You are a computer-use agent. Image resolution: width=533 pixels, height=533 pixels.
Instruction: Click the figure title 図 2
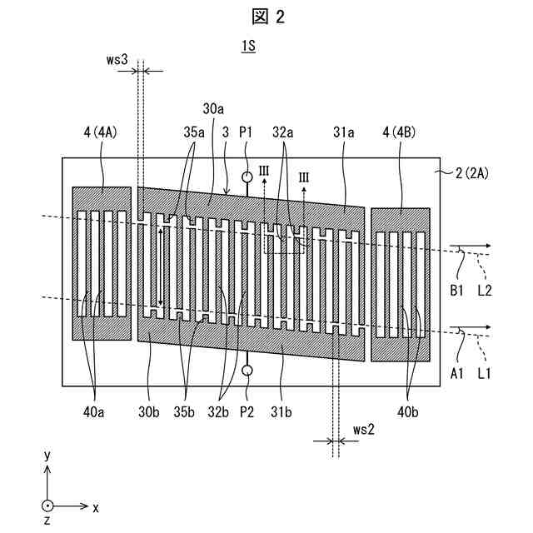(266, 16)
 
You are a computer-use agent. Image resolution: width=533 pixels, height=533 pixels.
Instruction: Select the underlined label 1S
(248, 47)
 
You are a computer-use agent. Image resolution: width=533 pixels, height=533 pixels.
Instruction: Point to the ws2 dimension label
(363, 430)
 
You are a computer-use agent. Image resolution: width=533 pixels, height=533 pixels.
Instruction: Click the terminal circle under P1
(247, 177)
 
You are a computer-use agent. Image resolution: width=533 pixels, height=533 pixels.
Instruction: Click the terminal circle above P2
(247, 370)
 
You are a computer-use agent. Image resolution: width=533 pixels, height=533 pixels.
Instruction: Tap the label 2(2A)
(473, 173)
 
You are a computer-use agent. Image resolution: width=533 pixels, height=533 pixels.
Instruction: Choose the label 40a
(97, 410)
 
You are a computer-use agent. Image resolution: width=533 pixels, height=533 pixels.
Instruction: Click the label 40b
(408, 410)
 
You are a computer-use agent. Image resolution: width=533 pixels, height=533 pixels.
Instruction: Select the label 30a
(212, 109)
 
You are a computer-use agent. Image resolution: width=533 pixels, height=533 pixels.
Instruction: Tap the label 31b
(284, 410)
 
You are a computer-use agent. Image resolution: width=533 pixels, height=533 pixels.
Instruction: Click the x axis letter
(96, 506)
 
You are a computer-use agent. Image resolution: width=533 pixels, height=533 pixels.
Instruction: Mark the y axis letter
(48, 456)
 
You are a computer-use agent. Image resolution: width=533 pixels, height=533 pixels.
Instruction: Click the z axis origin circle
(48, 506)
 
